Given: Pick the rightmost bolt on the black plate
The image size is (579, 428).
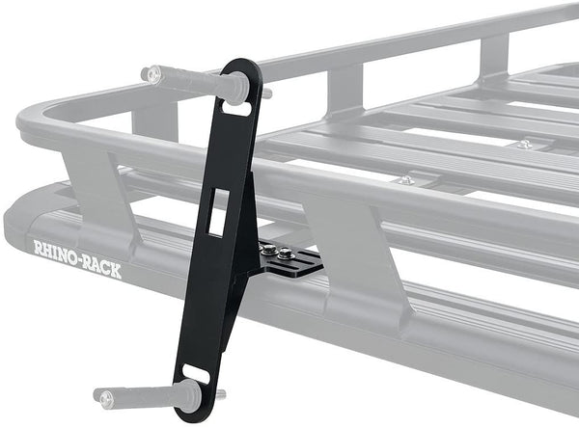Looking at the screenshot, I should coord(286,255).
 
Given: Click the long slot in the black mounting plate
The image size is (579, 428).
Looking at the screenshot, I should coord(307,261).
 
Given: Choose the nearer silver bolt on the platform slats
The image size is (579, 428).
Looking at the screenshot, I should coord(406,179).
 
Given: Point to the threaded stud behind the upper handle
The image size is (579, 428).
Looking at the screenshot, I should coord(264,94).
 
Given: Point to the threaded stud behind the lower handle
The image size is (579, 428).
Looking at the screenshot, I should coord(220,393).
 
